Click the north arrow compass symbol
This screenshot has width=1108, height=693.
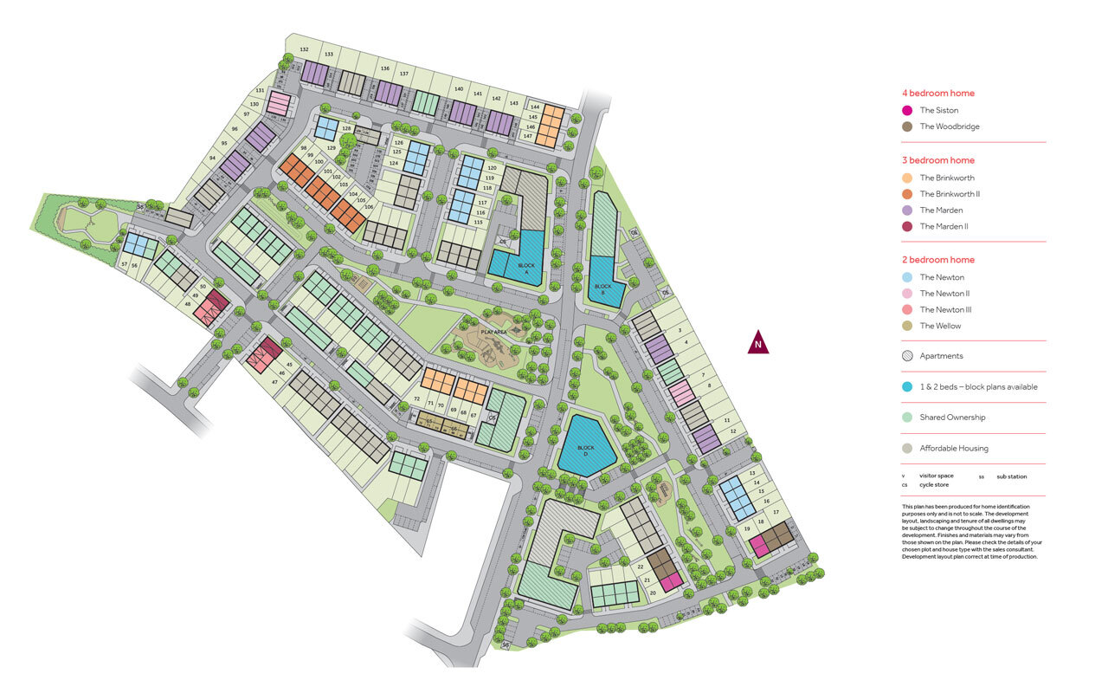(758, 343)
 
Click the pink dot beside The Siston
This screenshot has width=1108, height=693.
(907, 110)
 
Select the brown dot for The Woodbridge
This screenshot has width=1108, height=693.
(907, 126)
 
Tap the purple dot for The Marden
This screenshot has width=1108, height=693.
(907, 210)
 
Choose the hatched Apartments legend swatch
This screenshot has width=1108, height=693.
(907, 356)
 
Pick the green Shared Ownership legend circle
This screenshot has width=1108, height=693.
(907, 418)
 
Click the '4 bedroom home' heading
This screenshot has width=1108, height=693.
(938, 93)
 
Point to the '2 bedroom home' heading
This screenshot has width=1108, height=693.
(938, 260)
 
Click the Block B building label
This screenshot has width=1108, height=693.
(603, 288)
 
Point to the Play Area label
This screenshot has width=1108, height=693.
(493, 331)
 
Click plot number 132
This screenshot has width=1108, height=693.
(304, 49)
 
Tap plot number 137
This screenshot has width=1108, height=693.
(403, 74)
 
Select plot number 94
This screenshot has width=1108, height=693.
(212, 158)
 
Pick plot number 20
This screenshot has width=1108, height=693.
(653, 593)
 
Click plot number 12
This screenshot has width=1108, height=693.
(732, 431)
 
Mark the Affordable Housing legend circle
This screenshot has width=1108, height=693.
(907, 449)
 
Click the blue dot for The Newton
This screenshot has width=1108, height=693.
(907, 277)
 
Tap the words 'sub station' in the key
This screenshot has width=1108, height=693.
(1010, 476)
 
